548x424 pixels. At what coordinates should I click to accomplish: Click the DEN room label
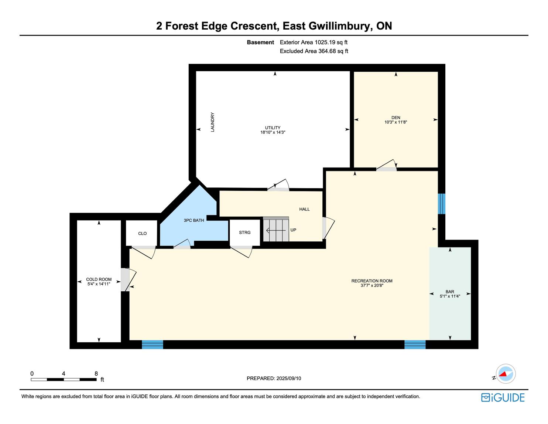tap(396, 117)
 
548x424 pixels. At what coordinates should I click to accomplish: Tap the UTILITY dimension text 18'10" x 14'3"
tap(273, 132)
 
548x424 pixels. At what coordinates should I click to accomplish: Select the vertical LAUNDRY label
tap(212, 122)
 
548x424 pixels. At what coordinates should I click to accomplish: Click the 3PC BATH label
tap(193, 220)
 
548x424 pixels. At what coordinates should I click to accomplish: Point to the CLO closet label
tap(142, 234)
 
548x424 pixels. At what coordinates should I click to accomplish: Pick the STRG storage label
tap(244, 233)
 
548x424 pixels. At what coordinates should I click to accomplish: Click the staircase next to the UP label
tap(276, 229)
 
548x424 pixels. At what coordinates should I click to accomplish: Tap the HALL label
tap(304, 209)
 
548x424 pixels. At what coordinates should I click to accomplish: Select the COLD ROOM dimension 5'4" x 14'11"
tap(99, 284)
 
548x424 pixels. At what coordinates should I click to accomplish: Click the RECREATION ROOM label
tap(372, 281)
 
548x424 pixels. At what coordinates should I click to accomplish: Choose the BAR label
tap(450, 292)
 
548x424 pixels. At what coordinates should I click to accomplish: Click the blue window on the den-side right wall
tap(441, 204)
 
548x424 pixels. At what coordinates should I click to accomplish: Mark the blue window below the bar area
tap(415, 345)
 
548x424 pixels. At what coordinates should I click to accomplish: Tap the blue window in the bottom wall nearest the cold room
tap(152, 345)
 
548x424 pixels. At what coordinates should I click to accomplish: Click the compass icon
tap(506, 374)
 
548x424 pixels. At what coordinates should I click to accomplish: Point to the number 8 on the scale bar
tap(96, 373)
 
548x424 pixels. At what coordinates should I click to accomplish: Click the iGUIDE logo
tap(503, 397)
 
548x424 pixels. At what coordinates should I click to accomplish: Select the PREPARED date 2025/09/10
tap(289, 378)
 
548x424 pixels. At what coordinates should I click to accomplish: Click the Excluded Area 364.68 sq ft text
tap(314, 51)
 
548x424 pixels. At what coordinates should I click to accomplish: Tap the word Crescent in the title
tap(255, 26)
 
